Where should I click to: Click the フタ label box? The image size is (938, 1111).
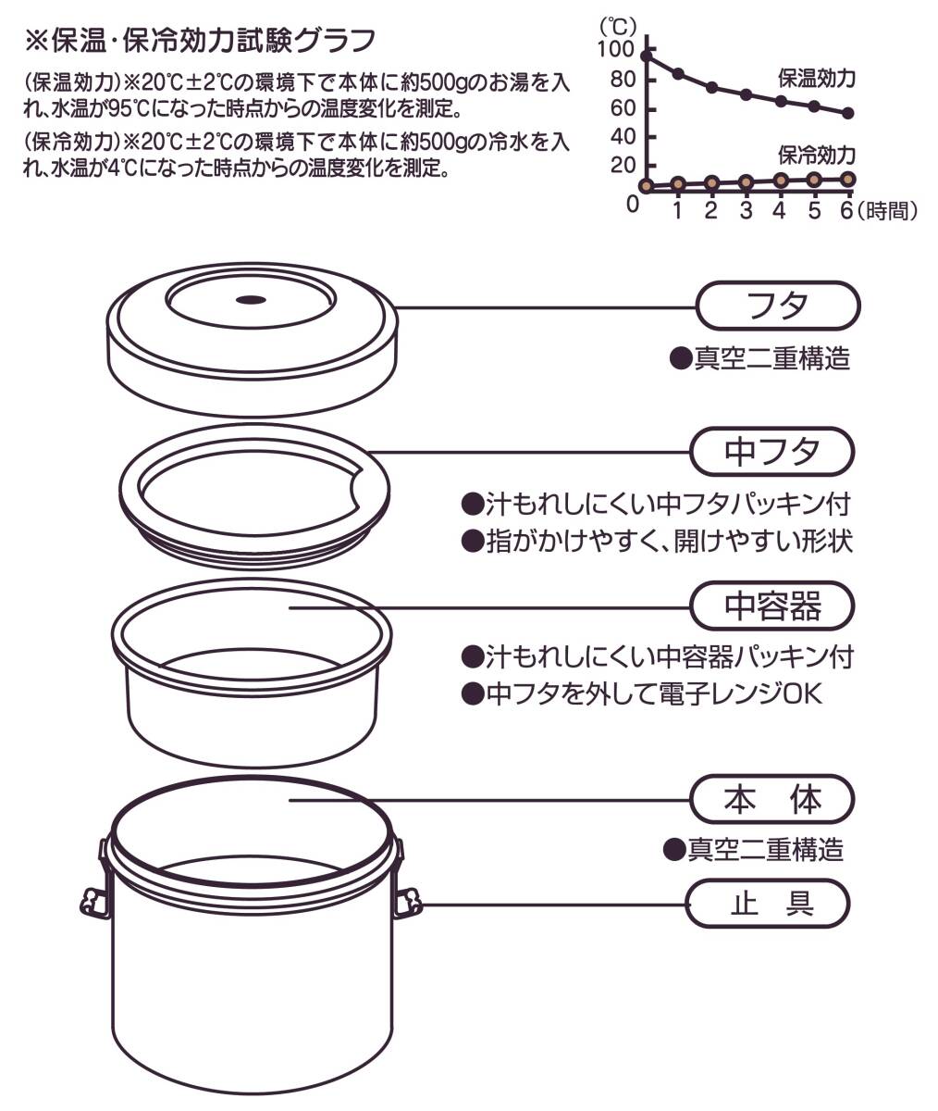pos(777,306)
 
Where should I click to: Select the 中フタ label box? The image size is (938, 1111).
pos(771,452)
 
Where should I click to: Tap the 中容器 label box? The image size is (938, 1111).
pos(771,606)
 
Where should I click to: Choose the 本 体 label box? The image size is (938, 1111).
pos(771,799)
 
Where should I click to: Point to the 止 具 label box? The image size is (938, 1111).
pos(768,903)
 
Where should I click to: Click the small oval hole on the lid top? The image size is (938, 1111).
pos(251,299)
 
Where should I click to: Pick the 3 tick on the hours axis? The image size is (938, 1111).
pos(746,211)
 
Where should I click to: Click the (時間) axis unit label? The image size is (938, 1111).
pos(887,211)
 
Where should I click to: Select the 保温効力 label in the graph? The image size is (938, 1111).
pos(816,78)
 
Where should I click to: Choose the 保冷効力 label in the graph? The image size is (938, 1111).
pos(816,154)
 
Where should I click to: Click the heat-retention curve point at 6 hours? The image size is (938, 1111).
pos(848,113)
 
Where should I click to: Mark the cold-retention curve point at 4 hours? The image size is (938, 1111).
pos(781,181)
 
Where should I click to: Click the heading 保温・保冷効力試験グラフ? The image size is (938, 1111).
pos(200,42)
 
